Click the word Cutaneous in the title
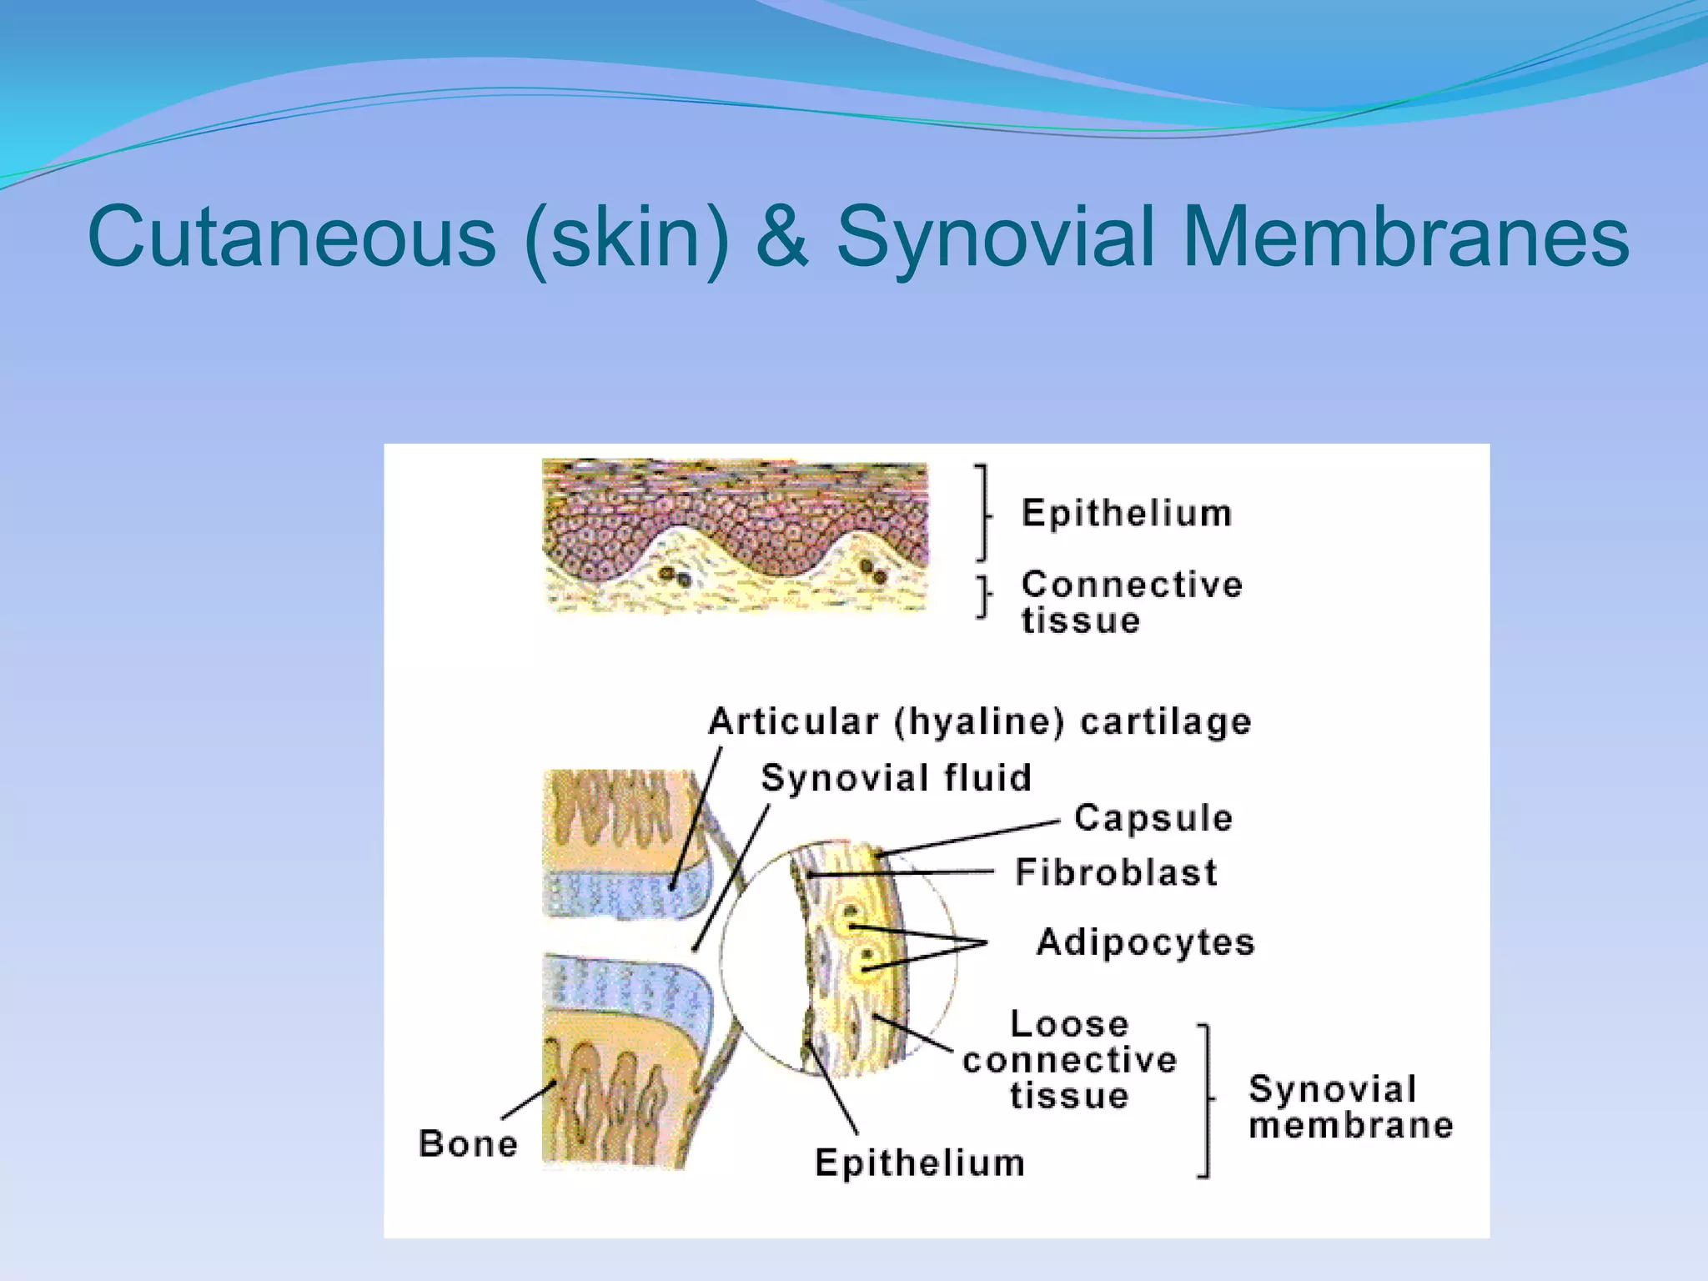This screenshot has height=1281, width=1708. coord(291,238)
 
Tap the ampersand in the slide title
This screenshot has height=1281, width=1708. coord(781,238)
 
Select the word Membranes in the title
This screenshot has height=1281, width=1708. coord(1405,238)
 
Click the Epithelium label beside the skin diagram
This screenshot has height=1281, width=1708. coord(1127,513)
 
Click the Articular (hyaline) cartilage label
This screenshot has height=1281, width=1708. coord(980,721)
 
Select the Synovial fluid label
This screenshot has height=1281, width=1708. coord(897,778)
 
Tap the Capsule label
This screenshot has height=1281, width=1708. coord(1153,818)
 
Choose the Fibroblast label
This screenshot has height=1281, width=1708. coord(1116,872)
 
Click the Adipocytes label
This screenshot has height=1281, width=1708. coord(1145,942)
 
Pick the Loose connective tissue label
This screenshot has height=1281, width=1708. coord(1070,1059)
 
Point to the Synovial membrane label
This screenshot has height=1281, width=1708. coord(1350,1107)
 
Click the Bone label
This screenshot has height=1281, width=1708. coord(468,1143)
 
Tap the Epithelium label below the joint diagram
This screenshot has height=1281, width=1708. coord(920,1163)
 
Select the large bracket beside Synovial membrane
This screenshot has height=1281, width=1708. coord(1204,1100)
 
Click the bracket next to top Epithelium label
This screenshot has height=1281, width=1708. coord(984,512)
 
